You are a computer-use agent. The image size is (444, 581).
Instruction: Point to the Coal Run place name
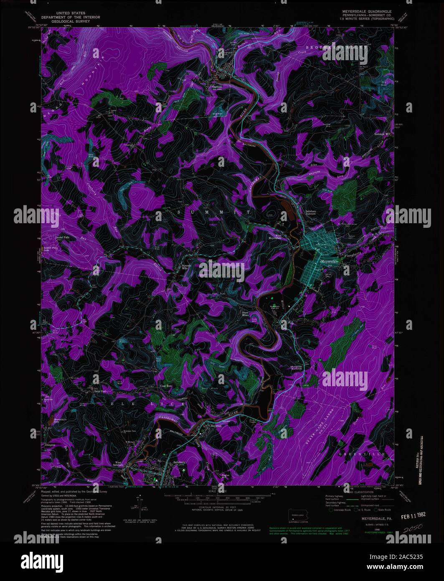click(167, 386)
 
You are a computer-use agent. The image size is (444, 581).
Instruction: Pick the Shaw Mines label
click(248, 313)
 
